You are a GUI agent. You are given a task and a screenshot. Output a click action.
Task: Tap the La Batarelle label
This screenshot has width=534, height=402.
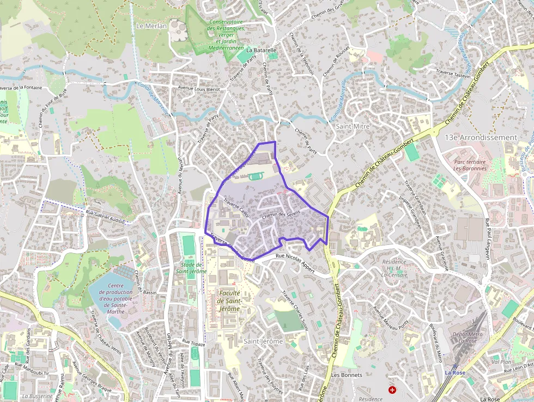pyautogui.click(x=262, y=50)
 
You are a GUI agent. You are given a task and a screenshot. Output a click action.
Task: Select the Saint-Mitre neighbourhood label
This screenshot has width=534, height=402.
pyautogui.click(x=353, y=126)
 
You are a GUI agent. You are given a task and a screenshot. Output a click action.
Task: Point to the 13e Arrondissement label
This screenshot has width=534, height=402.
pyautogui.click(x=480, y=137)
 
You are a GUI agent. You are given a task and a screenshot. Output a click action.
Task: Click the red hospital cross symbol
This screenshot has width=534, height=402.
pyautogui.click(x=392, y=390)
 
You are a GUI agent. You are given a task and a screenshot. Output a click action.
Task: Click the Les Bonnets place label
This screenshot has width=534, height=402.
pyautogui.click(x=346, y=375)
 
